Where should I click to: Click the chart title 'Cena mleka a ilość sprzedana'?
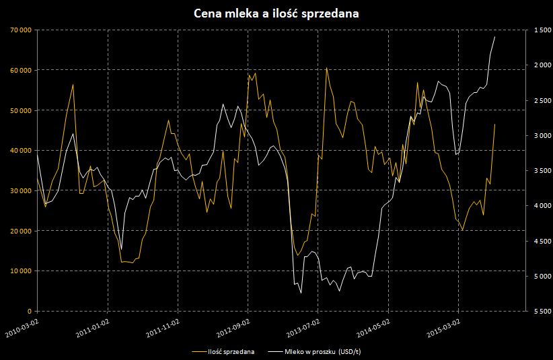point(276,13)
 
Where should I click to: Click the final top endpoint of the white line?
point(495,36)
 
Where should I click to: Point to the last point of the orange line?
point(495,124)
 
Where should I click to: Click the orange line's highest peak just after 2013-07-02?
point(326,68)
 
